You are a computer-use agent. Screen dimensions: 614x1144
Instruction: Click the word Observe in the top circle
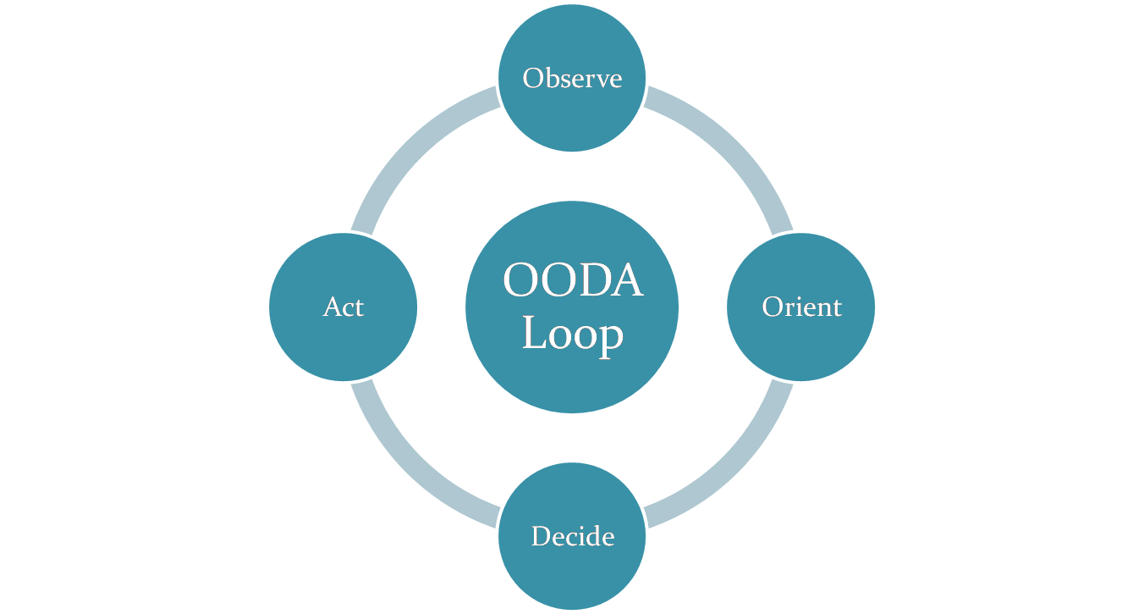[572, 78]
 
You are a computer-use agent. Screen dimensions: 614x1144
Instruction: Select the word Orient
[801, 307]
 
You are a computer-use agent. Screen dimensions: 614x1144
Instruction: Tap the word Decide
[572, 536]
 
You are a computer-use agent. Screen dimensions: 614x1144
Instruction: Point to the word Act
[343, 307]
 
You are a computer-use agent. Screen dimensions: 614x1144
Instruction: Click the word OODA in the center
[572, 280]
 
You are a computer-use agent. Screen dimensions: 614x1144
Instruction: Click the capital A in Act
[332, 307]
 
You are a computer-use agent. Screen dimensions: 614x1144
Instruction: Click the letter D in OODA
[593, 280]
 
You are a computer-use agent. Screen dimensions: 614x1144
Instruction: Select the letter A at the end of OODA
[626, 280]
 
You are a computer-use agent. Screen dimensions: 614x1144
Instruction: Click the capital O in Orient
[772, 307]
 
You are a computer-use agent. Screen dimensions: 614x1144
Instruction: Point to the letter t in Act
[359, 307]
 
